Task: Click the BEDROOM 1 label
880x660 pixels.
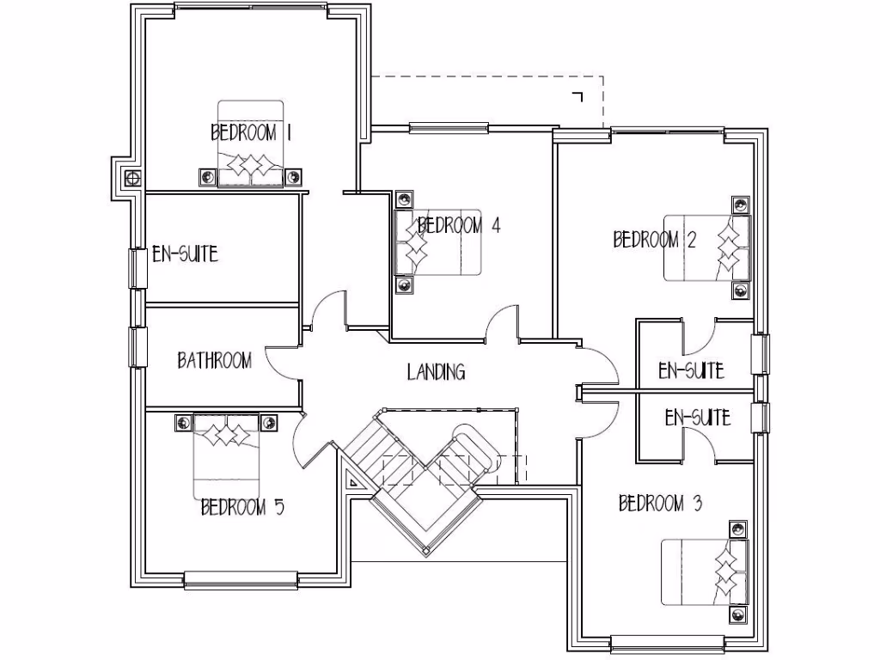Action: [x=253, y=133]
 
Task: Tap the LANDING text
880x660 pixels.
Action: [x=436, y=372]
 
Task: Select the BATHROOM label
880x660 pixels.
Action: [x=214, y=360]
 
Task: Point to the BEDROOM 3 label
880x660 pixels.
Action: [x=660, y=504]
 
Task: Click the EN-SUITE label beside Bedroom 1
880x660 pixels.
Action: [x=185, y=254]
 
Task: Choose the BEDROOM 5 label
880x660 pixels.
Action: [x=242, y=508]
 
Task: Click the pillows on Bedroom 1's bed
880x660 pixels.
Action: [x=250, y=165]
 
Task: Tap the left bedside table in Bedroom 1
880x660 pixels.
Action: [x=208, y=177]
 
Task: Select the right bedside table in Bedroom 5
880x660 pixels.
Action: [x=269, y=422]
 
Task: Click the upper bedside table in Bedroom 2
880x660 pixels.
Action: [x=740, y=205]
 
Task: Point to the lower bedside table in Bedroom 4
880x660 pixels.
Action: [x=402, y=284]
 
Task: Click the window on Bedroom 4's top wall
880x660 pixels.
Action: [x=449, y=129]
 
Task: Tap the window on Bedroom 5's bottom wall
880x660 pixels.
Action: [x=241, y=580]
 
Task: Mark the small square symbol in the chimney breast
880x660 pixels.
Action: [x=132, y=179]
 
